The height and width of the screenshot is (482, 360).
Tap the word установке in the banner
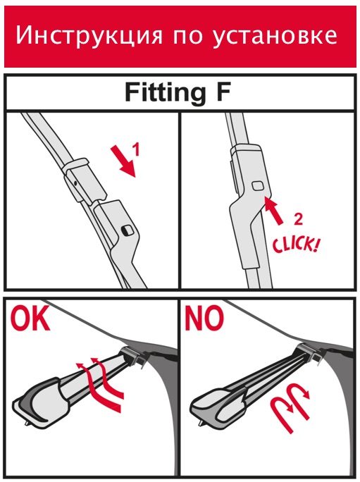point(274,36)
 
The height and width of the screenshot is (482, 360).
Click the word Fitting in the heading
point(166,93)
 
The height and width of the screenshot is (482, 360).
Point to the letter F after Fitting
point(223,92)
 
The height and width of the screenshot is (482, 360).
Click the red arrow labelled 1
point(123,162)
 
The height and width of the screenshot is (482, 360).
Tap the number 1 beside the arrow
point(137,149)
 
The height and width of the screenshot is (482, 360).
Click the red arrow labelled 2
point(273,211)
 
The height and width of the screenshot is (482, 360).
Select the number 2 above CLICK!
point(297,219)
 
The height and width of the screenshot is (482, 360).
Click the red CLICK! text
point(295,245)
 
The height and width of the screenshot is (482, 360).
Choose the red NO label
point(204,318)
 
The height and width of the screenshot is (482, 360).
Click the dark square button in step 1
point(127,230)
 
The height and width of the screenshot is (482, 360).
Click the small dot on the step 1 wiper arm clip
point(75,183)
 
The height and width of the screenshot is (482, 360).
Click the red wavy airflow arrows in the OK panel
point(100,384)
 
